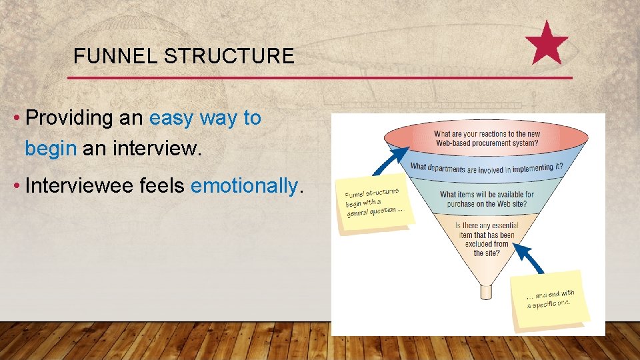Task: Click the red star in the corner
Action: (547, 43)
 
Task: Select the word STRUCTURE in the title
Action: (229, 56)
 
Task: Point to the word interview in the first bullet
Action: (156, 148)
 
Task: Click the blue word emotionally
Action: (244, 185)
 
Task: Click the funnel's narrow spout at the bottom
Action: (486, 292)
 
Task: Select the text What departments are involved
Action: (487, 167)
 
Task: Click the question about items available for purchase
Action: (487, 199)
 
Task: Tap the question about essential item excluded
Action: (487, 239)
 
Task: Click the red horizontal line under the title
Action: (320, 78)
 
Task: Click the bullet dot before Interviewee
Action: (15, 186)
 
